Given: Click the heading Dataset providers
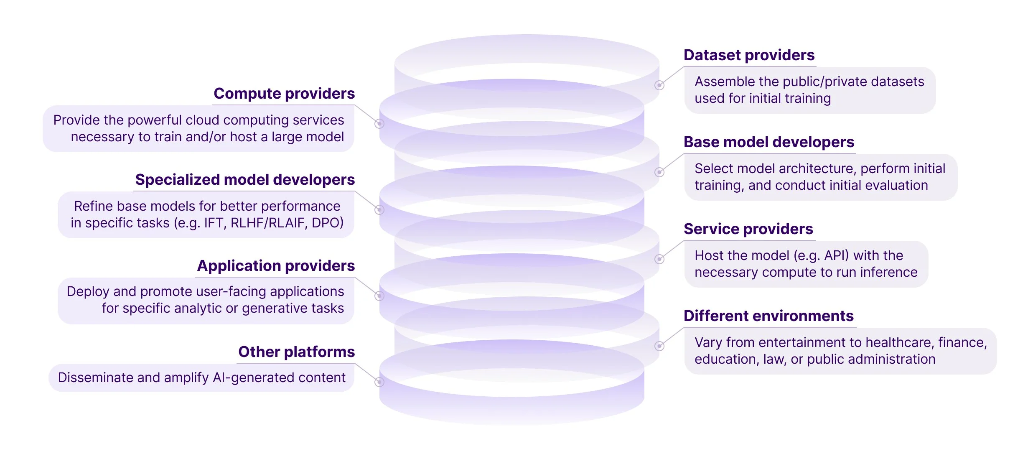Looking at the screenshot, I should [749, 55].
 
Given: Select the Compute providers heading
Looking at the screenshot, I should [284, 94].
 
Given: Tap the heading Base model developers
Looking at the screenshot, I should [769, 142].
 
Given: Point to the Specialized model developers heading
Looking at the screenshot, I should [245, 180].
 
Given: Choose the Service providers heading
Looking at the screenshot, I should [748, 229].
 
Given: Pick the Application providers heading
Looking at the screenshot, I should [276, 266].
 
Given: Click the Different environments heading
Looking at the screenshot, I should [768, 316].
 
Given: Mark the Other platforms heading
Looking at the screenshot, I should [296, 352].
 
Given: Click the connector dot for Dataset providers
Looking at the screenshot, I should [659, 85].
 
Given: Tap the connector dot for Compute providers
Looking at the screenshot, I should [379, 124].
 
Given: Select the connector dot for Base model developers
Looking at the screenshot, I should [659, 172].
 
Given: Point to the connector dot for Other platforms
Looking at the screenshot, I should [379, 382].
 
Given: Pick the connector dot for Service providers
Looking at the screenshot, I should [659, 259].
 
